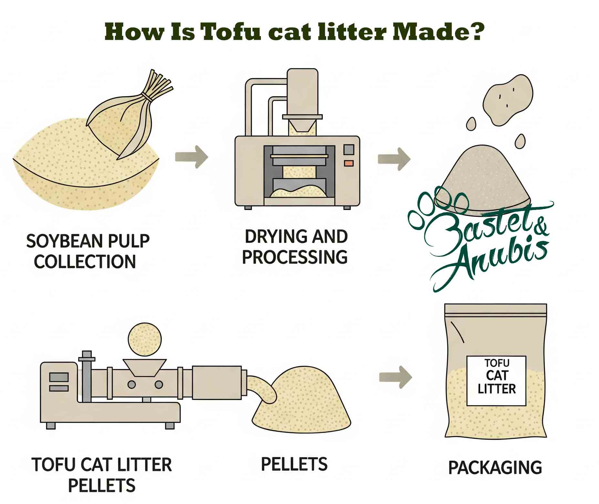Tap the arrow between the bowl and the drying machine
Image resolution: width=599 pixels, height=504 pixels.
click(191, 157)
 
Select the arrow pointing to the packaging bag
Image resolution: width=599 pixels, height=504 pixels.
click(395, 377)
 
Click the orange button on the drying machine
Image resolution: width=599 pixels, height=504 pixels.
click(348, 163)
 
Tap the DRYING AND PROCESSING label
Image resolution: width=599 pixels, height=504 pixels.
click(295, 247)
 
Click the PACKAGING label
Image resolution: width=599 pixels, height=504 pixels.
click(495, 468)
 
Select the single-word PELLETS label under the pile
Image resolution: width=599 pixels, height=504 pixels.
click(294, 464)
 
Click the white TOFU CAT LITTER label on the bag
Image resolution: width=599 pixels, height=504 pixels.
click(496, 381)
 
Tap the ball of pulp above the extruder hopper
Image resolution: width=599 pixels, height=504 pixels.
click(144, 340)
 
